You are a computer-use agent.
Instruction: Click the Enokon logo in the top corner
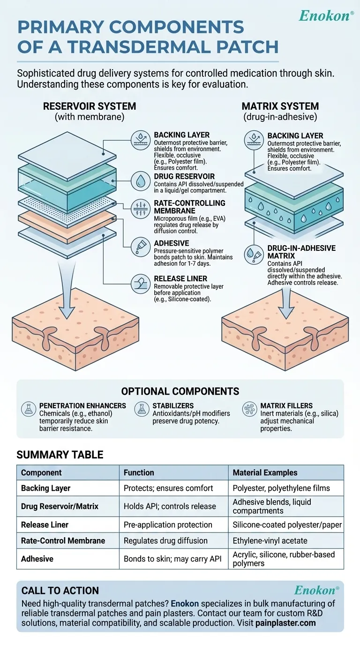pyautogui.click(x=326, y=16)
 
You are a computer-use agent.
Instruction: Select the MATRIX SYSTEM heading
pyautogui.click(x=280, y=106)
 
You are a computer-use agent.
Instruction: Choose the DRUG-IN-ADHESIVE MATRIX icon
pyautogui.click(x=254, y=254)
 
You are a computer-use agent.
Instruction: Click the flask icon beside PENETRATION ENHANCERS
pyautogui.click(x=29, y=409)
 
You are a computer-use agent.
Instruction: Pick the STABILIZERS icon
pyautogui.click(x=141, y=409)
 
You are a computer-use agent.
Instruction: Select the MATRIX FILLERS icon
pyautogui.click(x=249, y=409)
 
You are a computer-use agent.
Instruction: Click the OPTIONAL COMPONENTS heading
pyautogui.click(x=180, y=391)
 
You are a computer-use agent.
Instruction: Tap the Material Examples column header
pyautogui.click(x=265, y=472)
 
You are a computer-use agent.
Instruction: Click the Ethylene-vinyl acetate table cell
pyautogui.click(x=270, y=540)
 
